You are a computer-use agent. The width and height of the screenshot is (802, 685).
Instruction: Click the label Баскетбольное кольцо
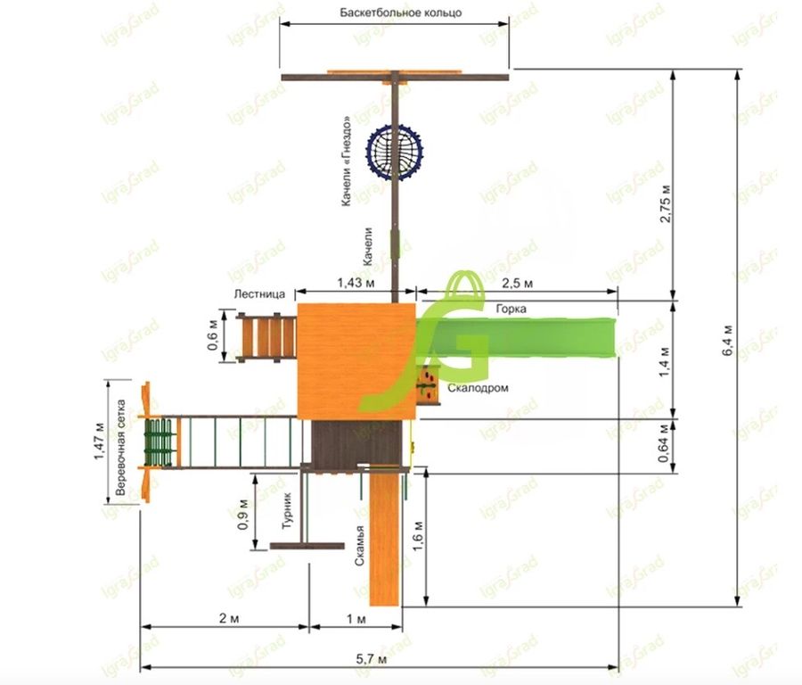tap(400, 12)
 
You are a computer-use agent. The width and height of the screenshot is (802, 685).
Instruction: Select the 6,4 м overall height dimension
tap(728, 340)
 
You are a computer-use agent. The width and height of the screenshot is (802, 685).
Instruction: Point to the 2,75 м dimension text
tap(666, 202)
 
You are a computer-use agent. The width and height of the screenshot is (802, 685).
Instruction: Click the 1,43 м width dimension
tap(356, 283)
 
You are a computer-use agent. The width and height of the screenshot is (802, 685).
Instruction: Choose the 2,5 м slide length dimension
tap(518, 283)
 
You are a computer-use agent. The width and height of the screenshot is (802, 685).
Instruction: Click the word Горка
tap(511, 309)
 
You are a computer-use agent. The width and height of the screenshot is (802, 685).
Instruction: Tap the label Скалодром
tap(478, 388)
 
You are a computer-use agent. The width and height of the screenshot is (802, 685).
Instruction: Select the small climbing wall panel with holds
tap(428, 385)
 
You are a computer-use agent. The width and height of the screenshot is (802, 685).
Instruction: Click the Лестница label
tap(259, 293)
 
